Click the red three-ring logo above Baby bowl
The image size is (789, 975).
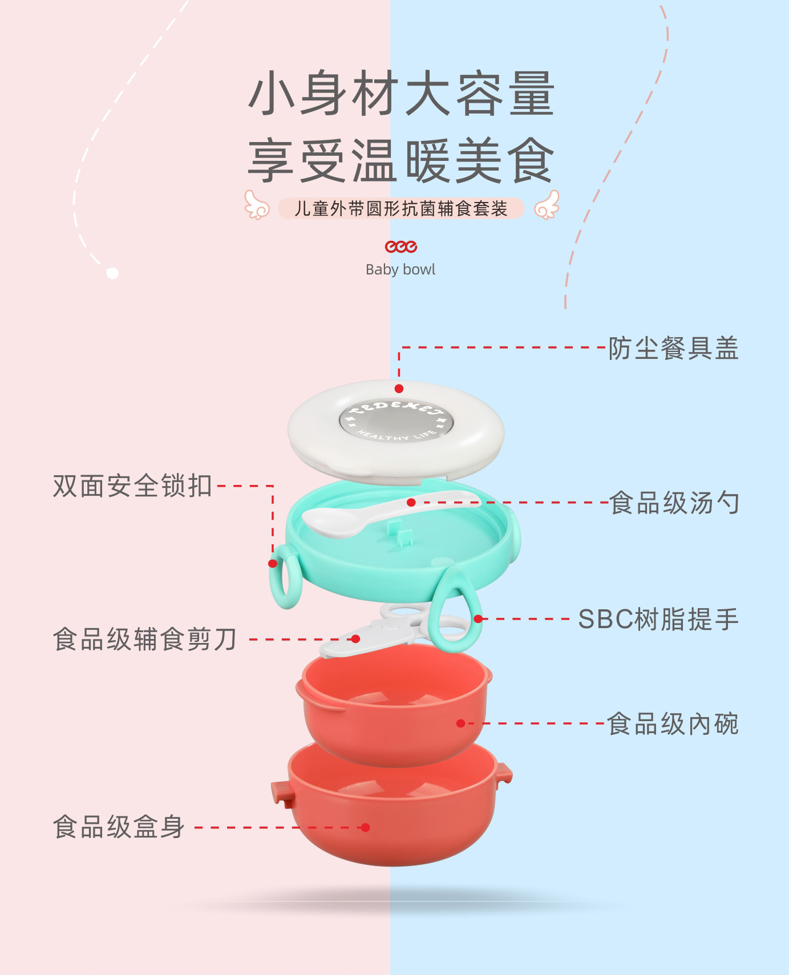pyautogui.click(x=400, y=246)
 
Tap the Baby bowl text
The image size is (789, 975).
pyautogui.click(x=400, y=269)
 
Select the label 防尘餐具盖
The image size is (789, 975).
pyautogui.click(x=673, y=348)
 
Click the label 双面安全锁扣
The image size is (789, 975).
pyautogui.click(x=132, y=486)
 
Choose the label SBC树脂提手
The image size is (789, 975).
pyautogui.click(x=658, y=620)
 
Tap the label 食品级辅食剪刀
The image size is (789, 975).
pyautogui.click(x=145, y=639)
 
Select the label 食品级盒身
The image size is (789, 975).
pyautogui.click(x=119, y=827)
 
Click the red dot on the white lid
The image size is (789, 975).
pyautogui.click(x=399, y=389)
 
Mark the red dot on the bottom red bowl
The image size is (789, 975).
pyautogui.click(x=366, y=827)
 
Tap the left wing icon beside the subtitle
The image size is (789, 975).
pyautogui.click(x=257, y=205)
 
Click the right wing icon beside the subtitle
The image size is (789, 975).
pyautogui.click(x=547, y=205)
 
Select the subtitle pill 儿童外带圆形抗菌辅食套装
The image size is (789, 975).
pyautogui.click(x=400, y=208)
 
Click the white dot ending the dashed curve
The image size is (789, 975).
pyautogui.click(x=112, y=273)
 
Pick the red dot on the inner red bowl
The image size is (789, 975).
pyautogui.click(x=461, y=723)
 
